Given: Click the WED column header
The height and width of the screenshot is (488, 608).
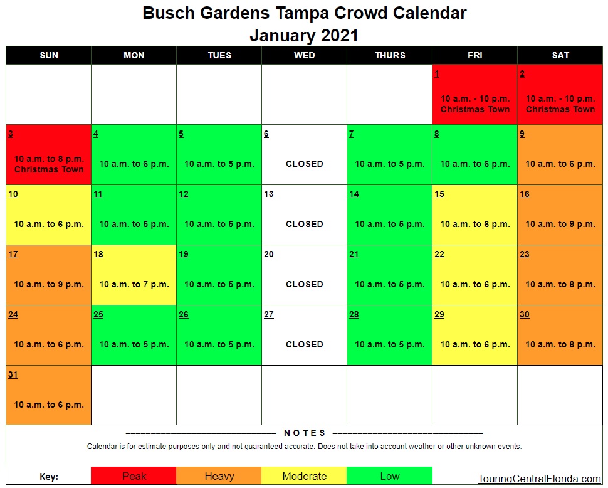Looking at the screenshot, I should [304, 55].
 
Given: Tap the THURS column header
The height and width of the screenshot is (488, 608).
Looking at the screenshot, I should [389, 55].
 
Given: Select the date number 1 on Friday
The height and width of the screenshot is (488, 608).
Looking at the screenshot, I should [436, 74].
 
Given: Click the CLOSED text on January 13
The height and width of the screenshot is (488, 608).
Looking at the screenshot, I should [304, 224].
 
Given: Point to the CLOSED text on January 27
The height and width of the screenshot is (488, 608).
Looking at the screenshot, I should [304, 344].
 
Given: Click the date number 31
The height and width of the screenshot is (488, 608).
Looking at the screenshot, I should [13, 375].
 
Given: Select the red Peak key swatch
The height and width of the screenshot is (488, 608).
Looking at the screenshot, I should [134, 476].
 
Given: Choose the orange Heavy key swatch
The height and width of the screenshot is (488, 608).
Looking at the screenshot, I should [219, 476].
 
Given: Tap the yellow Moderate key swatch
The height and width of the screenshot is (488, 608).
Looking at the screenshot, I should [304, 476].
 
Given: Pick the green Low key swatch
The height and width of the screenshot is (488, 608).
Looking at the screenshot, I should [389, 476].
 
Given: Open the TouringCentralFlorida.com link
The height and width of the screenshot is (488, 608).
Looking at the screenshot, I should [539, 479].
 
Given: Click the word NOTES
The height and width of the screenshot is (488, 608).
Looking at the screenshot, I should [305, 433].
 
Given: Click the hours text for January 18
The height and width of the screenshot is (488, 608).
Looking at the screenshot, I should [134, 284].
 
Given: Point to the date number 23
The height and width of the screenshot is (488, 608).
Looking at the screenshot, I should [525, 255].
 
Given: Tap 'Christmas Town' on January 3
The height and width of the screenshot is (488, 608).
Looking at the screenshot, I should [49, 169].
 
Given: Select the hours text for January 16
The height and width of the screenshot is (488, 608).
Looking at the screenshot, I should [560, 224].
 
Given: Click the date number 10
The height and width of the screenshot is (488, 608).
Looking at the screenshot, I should [13, 194].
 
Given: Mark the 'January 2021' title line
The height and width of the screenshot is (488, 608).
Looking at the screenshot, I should [304, 35].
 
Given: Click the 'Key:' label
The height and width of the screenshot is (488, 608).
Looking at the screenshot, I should [49, 477].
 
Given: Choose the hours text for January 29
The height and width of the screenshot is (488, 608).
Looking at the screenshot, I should [475, 344].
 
